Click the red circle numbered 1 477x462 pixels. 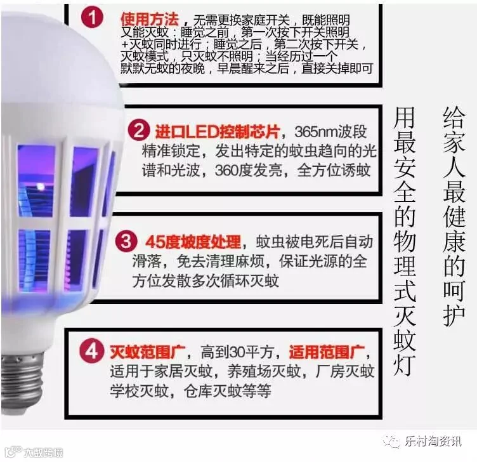92,18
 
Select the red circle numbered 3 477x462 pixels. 126,241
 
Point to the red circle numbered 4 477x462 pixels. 91,351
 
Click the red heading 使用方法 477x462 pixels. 149,20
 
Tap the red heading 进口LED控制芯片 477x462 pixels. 218,132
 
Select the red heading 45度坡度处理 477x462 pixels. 193,242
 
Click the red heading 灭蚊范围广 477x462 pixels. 148,352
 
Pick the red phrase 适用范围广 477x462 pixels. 327,352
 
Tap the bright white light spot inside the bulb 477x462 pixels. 40,186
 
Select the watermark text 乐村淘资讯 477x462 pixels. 433,441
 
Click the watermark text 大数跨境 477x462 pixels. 43,452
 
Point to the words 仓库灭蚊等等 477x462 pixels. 227,391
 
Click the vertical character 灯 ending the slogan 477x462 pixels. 404,364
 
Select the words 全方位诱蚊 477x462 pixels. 334,171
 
